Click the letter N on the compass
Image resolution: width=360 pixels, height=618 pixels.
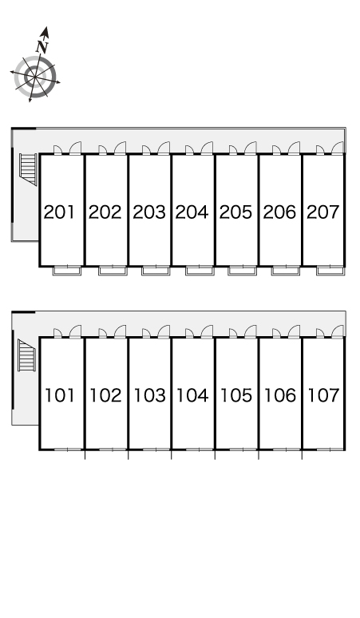point(42,47)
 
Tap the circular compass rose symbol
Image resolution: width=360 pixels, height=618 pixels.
point(35,77)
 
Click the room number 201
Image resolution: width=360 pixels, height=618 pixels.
point(59,212)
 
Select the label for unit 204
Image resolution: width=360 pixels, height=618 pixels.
point(192,212)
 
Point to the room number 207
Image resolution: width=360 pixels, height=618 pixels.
point(323,212)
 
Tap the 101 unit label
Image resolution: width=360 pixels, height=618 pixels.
point(60,395)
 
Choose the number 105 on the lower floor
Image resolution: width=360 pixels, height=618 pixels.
point(236,395)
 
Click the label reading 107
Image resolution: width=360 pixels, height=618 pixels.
point(323,395)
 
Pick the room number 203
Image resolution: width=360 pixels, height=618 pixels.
point(149,212)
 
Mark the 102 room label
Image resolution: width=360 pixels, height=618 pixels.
point(105,395)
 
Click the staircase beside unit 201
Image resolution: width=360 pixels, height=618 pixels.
point(29,169)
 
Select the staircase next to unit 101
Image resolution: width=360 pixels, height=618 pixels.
point(27,355)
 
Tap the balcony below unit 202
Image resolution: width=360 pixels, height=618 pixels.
point(113,271)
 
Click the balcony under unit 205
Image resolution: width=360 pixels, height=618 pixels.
point(242,271)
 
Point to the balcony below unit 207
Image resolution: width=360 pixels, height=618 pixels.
point(330,271)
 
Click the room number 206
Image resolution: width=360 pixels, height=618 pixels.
point(279,212)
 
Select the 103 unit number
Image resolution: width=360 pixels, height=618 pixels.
point(150,395)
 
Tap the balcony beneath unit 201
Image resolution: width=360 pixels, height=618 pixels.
point(67,271)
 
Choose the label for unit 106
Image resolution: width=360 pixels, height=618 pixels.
point(279,395)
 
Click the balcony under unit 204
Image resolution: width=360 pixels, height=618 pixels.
point(200,271)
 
